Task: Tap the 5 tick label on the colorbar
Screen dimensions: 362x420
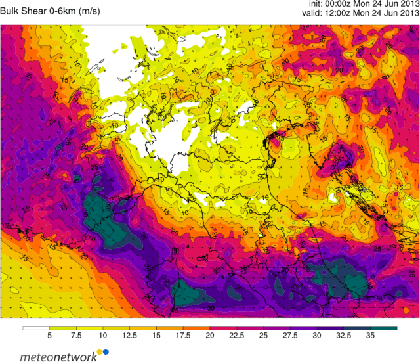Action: coord(49,335)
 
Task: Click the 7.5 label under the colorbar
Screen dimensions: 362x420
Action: coord(76,335)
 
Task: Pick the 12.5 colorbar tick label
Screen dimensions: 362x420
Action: coord(129,335)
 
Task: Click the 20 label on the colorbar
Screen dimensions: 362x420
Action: coord(209,335)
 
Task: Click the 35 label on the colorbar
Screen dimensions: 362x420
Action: coord(370,335)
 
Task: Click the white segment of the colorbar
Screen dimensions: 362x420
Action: coord(36,327)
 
